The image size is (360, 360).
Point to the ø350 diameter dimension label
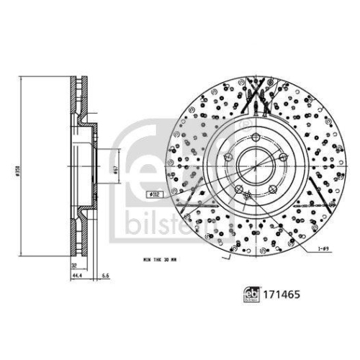(14, 174)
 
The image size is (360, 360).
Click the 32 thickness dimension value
(74, 264)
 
